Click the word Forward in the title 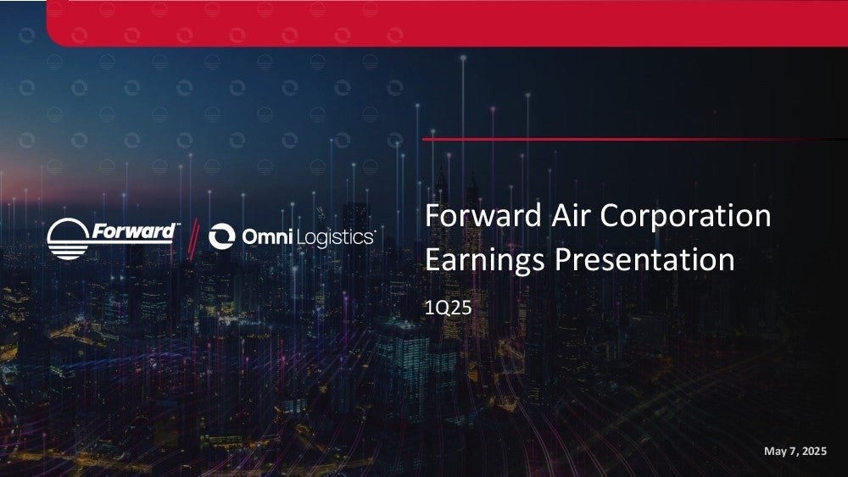483,215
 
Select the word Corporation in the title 686,216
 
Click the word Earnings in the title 484,260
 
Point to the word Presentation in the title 644,260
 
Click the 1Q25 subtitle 449,308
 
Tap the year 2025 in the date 814,451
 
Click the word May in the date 774,452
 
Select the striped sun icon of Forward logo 68,239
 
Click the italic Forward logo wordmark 133,231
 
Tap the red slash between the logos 193,238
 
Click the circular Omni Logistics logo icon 221,236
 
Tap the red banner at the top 447,23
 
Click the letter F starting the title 432,215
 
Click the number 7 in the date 791,451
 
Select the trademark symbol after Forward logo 178,225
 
